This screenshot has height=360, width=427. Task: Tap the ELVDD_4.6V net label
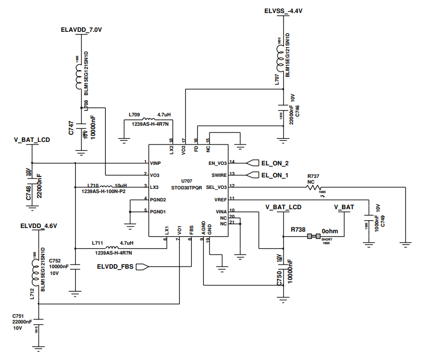click(39, 226)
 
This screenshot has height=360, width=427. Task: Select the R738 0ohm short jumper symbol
click(313, 236)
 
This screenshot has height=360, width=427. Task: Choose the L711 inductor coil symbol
click(112, 248)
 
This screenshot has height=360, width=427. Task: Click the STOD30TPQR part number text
click(187, 186)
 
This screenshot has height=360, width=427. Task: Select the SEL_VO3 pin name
click(217, 187)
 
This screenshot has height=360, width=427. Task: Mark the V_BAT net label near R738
click(344, 207)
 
